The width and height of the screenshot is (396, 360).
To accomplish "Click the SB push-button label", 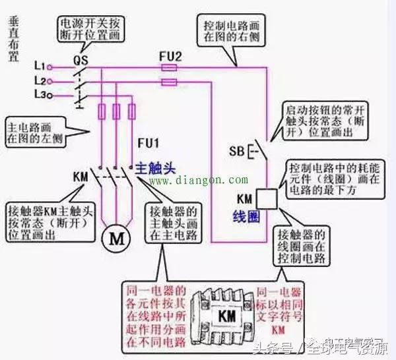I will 238,150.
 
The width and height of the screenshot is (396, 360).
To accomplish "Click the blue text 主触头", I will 160,167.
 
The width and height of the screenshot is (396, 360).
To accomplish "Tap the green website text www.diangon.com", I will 198,179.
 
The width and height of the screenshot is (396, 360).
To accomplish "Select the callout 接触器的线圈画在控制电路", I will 303,245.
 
